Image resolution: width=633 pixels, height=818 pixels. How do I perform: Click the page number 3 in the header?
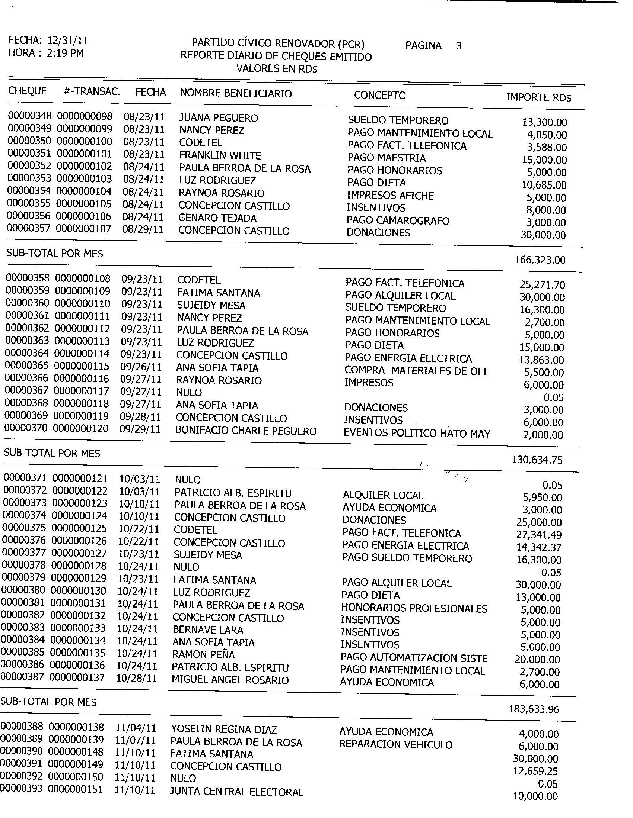(459, 46)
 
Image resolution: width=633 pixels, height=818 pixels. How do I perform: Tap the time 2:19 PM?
(65, 53)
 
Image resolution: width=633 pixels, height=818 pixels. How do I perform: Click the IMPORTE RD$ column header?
(538, 98)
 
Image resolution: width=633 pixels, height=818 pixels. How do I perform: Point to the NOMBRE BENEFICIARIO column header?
(236, 93)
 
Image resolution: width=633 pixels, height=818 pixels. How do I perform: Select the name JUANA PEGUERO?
(218, 118)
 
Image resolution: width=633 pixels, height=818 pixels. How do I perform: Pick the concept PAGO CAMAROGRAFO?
(398, 220)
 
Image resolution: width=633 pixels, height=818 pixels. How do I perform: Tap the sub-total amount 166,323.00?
(540, 260)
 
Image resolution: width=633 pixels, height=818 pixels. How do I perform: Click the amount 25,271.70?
(542, 285)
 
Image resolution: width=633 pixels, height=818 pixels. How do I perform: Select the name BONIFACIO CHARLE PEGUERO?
(246, 431)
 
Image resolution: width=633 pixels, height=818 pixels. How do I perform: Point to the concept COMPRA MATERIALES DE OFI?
(415, 371)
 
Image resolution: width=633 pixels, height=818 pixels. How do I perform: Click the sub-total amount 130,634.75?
(537, 460)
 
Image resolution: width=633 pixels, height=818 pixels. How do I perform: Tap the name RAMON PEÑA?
(203, 654)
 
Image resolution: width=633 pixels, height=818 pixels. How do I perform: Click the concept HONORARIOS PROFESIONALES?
(414, 609)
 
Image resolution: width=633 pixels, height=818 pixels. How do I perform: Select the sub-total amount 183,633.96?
(534, 709)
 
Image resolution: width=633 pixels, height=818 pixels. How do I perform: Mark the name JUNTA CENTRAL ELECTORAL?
(236, 792)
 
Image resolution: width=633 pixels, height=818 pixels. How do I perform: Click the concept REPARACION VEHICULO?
(395, 745)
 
